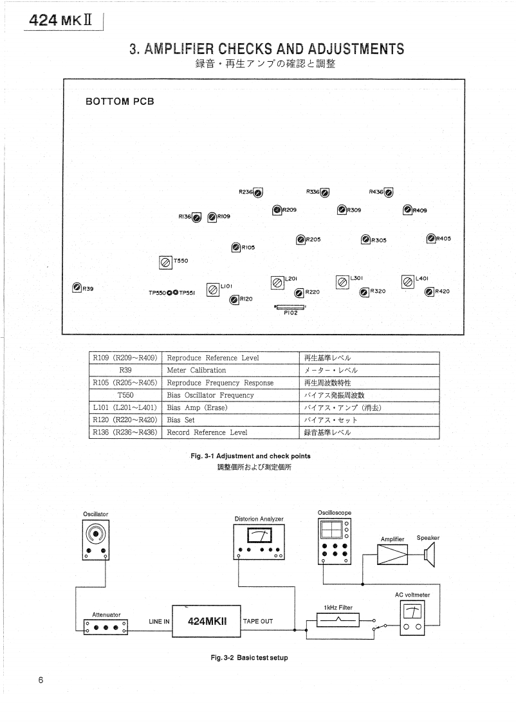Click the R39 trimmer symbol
(77, 287)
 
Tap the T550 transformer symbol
(165, 261)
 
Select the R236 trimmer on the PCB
(257, 192)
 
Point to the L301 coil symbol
(342, 282)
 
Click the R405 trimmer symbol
(431, 239)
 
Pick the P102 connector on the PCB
(290, 307)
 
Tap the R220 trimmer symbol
(299, 293)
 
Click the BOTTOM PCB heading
(120, 102)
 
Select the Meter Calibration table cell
(196, 370)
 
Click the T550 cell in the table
(125, 395)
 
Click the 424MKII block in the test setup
(206, 622)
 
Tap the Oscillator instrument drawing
(96, 540)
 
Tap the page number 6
(41, 681)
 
